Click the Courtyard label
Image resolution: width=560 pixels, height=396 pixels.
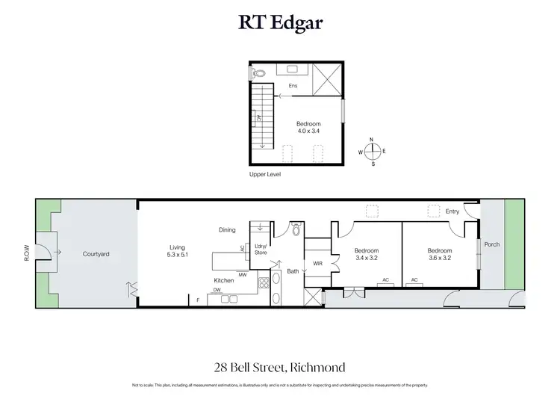[96, 254]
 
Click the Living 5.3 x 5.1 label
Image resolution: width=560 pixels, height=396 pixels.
[178, 251]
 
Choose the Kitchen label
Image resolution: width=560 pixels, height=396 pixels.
[225, 281]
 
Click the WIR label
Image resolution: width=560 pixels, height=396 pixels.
[317, 263]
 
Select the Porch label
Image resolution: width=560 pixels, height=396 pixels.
[492, 244]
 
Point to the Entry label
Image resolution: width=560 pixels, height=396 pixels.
[452, 211]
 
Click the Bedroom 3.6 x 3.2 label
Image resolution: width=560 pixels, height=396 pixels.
[440, 254]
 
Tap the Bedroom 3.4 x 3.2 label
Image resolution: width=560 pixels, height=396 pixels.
[367, 254]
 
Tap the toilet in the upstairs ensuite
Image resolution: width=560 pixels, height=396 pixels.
[258, 74]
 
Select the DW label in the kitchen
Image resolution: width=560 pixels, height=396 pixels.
[217, 291]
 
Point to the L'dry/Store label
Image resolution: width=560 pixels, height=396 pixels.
[261, 250]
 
